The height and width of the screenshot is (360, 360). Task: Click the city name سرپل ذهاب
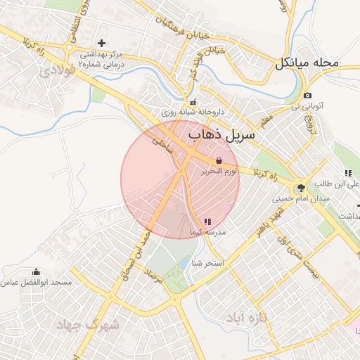(x=221, y=134)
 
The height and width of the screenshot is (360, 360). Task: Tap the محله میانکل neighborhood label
(x=307, y=63)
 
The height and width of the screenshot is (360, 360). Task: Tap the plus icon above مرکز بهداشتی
(x=102, y=44)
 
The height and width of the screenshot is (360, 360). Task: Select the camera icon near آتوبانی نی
(x=307, y=96)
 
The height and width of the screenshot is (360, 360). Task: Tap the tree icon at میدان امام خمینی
(x=302, y=188)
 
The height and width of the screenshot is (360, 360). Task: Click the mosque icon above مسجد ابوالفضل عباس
(x=36, y=271)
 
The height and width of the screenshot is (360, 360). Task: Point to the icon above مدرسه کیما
(x=207, y=221)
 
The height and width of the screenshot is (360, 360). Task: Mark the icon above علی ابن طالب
(x=347, y=173)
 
